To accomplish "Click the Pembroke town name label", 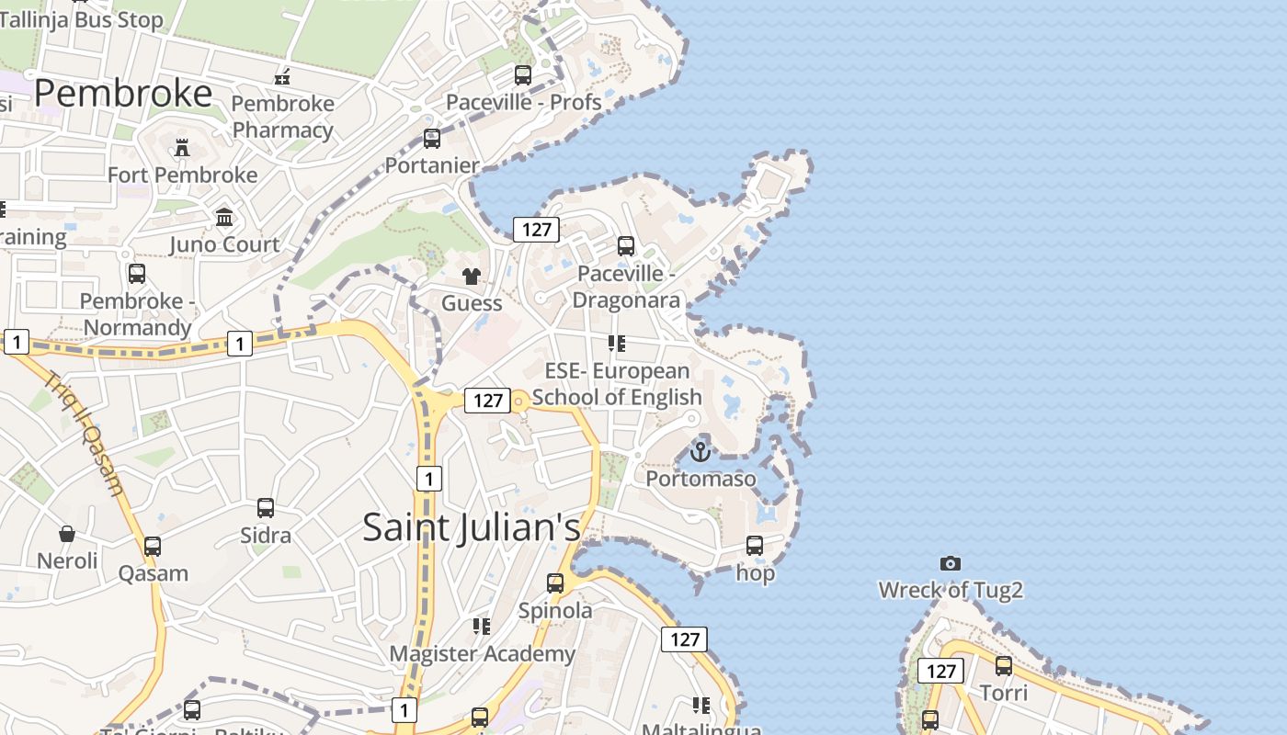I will point(123,94).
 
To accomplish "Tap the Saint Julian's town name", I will point(472,527).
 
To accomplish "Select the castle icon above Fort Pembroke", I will point(182,148).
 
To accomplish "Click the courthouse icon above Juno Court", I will point(224,218).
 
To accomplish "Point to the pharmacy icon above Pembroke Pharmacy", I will point(282,77).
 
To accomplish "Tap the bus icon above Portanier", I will point(432,139).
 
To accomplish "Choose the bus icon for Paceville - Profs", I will point(523,75).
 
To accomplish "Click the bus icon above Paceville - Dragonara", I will point(626,246).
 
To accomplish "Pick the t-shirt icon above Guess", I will point(472,277).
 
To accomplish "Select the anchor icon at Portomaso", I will point(700,452).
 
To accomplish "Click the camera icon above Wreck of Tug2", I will point(951,563).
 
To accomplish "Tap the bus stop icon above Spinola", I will point(555,583).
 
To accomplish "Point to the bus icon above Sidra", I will point(266,508).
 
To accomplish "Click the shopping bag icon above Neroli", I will point(67,534).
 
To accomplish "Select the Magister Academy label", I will point(483,654).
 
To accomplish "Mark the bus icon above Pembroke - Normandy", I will point(137,274).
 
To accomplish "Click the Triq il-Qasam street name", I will point(84,433).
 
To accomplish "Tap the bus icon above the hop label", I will point(755,546).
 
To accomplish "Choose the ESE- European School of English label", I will point(617,384).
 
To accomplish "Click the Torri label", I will point(1004,692).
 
